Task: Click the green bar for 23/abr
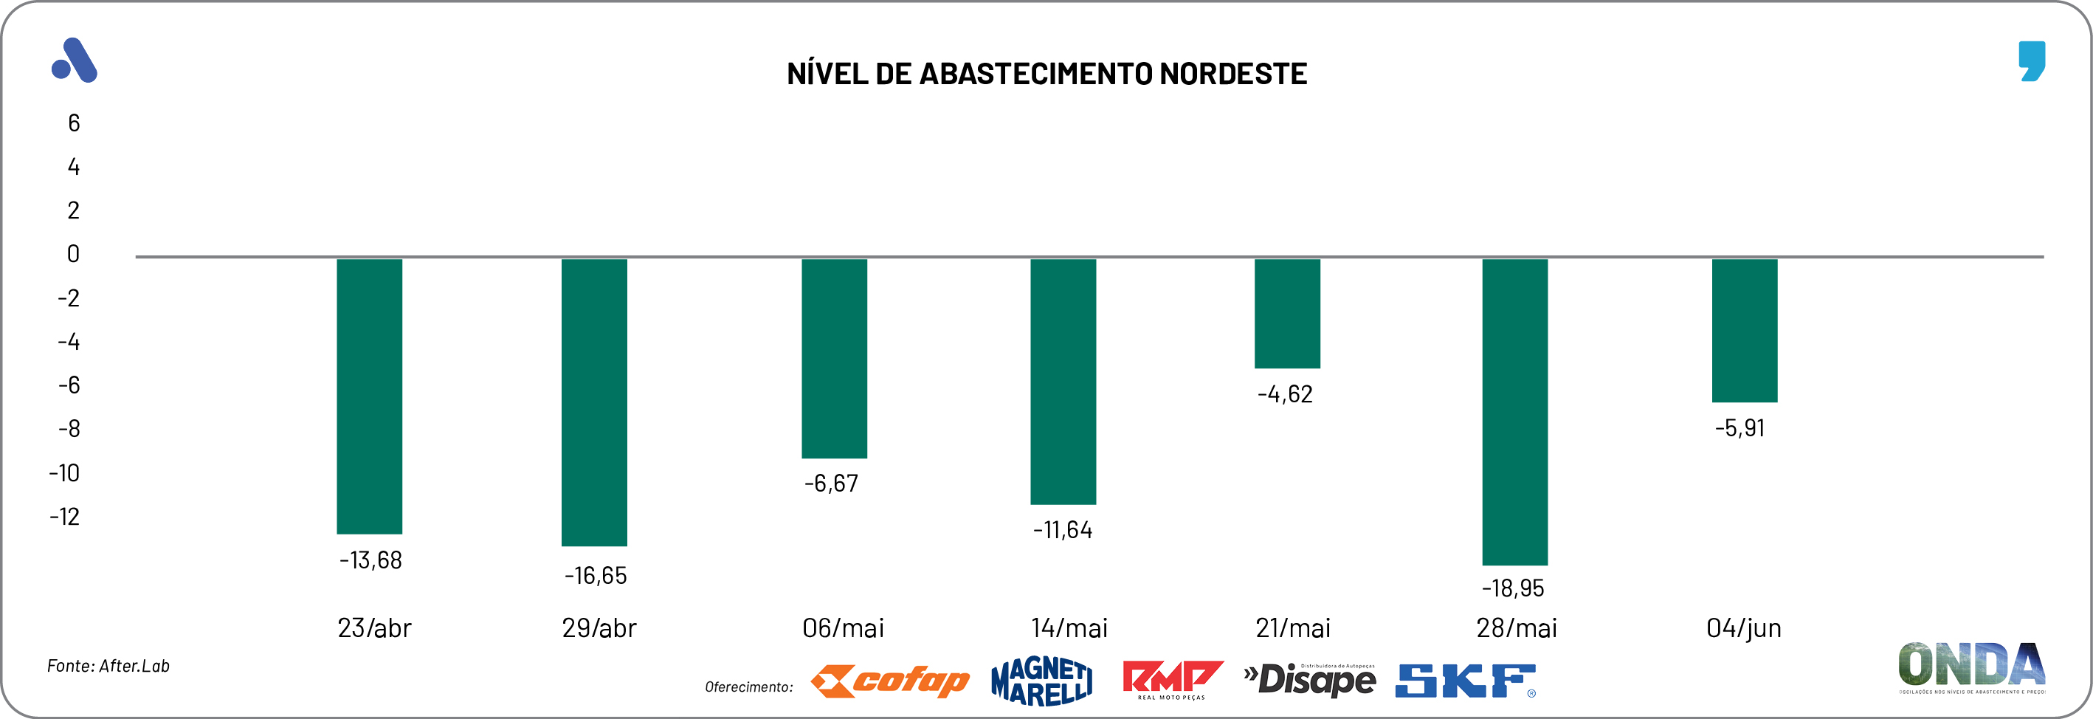370,396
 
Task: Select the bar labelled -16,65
594,402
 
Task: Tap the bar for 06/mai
835,358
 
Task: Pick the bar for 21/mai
1287,313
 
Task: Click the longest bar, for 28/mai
1514,411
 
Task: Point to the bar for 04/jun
1745,330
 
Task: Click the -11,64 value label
1063,531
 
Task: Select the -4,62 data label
1286,395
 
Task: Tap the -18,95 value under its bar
1513,588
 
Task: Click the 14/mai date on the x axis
1069,628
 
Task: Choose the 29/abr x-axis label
599,628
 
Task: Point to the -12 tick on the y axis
65,517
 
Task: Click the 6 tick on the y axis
74,123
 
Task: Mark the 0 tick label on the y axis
73,254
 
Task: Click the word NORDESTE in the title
1232,74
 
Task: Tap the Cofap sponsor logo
891,681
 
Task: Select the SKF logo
1466,681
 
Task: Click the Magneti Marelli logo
1041,681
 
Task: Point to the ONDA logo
1972,666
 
